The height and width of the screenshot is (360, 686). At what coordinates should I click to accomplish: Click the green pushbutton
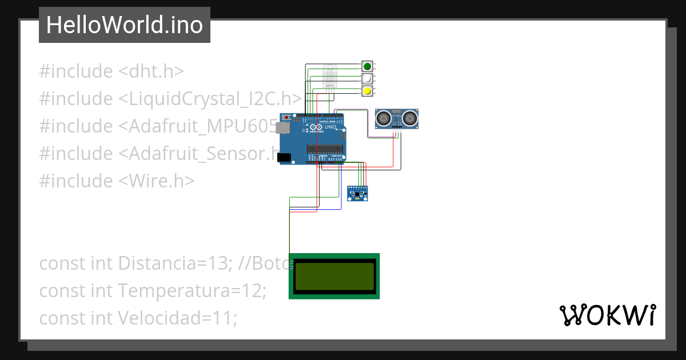click(368, 66)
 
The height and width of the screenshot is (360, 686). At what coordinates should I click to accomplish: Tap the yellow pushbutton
click(368, 91)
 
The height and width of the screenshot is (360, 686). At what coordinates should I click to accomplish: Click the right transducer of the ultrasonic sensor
click(410, 118)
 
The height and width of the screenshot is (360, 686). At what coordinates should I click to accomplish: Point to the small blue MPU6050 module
click(358, 194)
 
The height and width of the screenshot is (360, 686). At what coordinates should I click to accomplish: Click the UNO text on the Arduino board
click(330, 127)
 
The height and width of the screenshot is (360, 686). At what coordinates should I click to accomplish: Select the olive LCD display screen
click(334, 276)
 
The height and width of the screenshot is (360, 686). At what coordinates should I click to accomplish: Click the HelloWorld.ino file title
click(124, 25)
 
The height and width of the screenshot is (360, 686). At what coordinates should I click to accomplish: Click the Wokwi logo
click(607, 315)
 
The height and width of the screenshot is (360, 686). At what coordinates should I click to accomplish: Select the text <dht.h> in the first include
click(151, 71)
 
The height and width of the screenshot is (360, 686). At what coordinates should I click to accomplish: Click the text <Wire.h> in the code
click(157, 181)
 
